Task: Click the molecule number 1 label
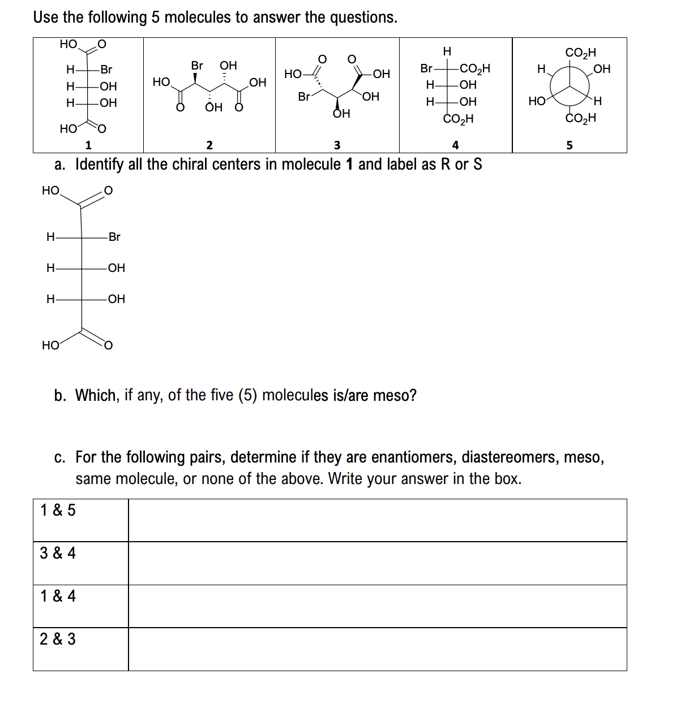[88, 145]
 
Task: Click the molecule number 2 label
[209, 145]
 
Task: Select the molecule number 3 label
[337, 145]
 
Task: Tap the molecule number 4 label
[455, 145]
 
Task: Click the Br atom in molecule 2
[196, 66]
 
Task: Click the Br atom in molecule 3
[304, 97]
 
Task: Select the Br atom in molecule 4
[426, 69]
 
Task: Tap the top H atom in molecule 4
[447, 51]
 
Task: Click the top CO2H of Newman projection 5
[580, 53]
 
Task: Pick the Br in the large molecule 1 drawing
[114, 237]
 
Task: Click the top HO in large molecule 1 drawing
[50, 191]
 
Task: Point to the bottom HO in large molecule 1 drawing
[50, 345]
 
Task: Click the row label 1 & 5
[58, 510]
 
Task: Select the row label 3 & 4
[58, 553]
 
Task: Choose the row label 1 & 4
[58, 596]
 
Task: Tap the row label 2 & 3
[58, 639]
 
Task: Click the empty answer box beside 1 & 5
[377, 520]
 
